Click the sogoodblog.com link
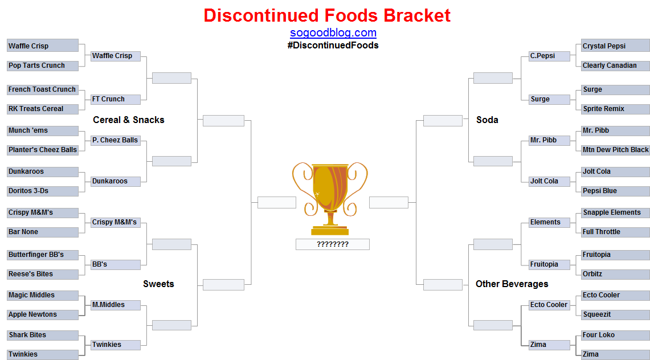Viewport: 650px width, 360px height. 333,32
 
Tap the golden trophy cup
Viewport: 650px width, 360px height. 330,198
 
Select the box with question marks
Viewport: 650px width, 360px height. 333,244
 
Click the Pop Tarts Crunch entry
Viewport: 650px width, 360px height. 43,66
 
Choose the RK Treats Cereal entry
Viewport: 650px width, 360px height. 43,109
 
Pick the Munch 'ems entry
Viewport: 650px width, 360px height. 43,130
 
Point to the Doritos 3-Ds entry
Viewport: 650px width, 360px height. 43,191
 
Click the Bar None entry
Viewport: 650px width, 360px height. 43,232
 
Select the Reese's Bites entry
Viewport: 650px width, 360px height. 43,274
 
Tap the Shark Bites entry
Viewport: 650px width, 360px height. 43,335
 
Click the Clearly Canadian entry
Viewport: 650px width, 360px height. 616,66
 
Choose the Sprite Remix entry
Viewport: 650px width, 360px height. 616,109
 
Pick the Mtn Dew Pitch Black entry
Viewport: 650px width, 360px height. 616,150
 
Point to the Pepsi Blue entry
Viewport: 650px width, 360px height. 616,191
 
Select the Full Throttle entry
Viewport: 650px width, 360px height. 616,232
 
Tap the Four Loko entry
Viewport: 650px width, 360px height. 616,335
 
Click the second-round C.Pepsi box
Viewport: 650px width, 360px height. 550,56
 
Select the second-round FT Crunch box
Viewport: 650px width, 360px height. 116,100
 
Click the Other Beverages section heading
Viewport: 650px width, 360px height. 512,284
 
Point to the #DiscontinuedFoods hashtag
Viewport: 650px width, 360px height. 333,45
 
